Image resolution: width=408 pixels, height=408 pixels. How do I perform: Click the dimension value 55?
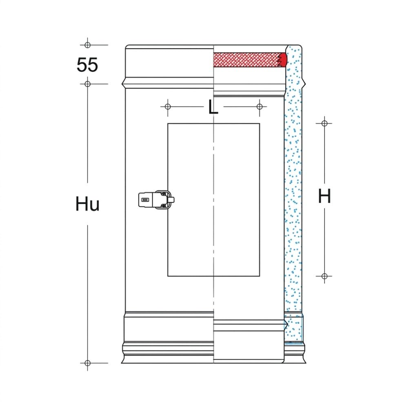coord(87,64)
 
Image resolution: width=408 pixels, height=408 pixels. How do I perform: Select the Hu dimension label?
coord(87,204)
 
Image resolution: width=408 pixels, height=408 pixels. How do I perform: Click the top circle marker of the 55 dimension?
coord(87,45)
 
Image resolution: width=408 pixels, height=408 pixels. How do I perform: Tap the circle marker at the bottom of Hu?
coord(87,363)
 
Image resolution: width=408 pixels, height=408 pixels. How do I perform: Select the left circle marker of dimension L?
coord(168,106)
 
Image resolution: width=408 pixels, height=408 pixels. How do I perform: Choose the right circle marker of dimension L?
coord(259,106)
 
